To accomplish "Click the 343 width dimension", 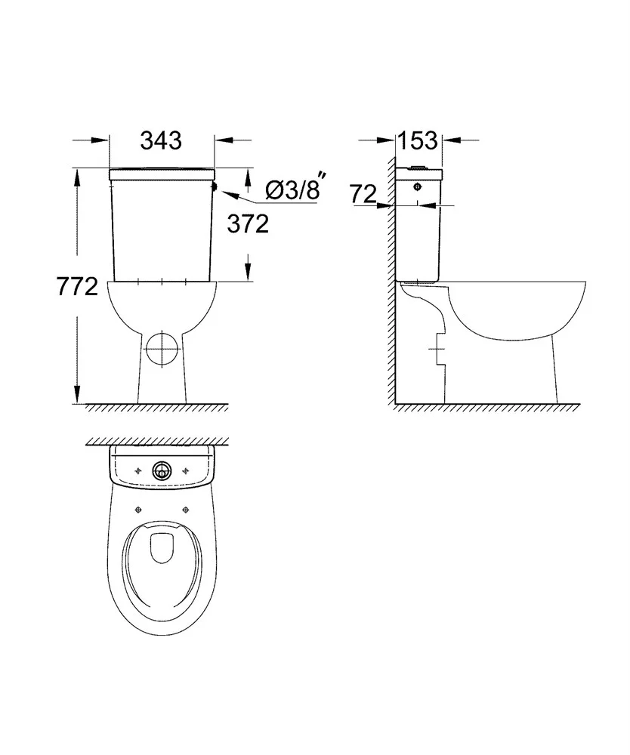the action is click(x=161, y=140).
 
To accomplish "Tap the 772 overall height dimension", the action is click(x=78, y=287).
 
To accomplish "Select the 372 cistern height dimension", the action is click(x=248, y=224).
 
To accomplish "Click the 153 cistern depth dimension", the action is click(x=418, y=140).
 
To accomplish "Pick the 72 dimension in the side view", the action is click(x=363, y=193).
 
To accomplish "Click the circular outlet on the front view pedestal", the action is click(x=162, y=347).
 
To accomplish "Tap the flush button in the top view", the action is click(x=162, y=470).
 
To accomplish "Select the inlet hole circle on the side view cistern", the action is click(x=417, y=186).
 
